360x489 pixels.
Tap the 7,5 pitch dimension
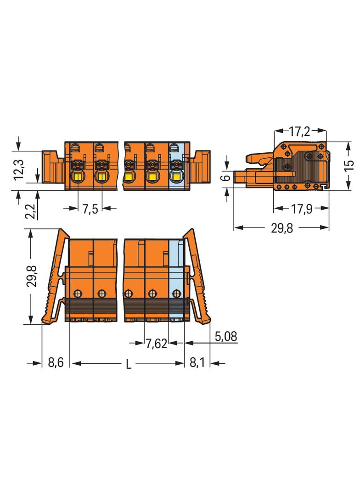(90, 209)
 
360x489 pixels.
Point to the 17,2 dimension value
(299, 132)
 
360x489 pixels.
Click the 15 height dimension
(350, 165)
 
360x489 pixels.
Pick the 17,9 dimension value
(302, 209)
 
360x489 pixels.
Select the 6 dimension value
(227, 178)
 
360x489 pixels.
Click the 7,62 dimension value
(157, 344)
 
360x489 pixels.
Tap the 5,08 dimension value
(226, 336)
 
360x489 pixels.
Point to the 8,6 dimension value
(56, 363)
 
